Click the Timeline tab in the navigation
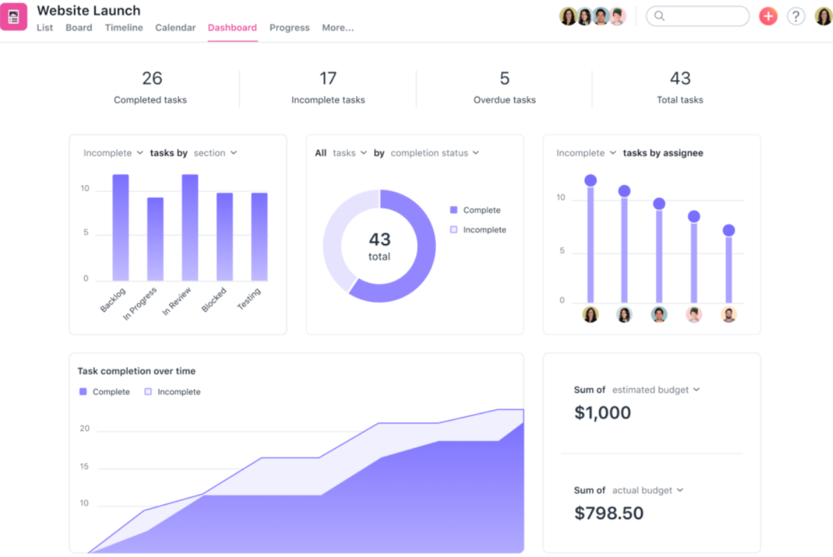pos(123,28)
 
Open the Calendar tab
pos(175,28)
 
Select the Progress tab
pos(289,28)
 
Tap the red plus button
pos(768,16)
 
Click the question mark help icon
pos(796,16)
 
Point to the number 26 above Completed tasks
pos(152,79)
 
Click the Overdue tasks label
pos(504,100)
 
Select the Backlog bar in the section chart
pos(121,228)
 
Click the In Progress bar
pos(155,239)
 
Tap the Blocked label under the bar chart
pos(214,300)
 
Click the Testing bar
pos(259,236)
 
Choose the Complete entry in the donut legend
pos(481,210)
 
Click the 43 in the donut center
pos(379,239)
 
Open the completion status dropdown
pos(435,153)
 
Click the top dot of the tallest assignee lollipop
pos(590,180)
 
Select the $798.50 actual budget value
pos(608,513)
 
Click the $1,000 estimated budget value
pos(602,413)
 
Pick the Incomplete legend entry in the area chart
pos(178,392)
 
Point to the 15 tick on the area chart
pos(84,467)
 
